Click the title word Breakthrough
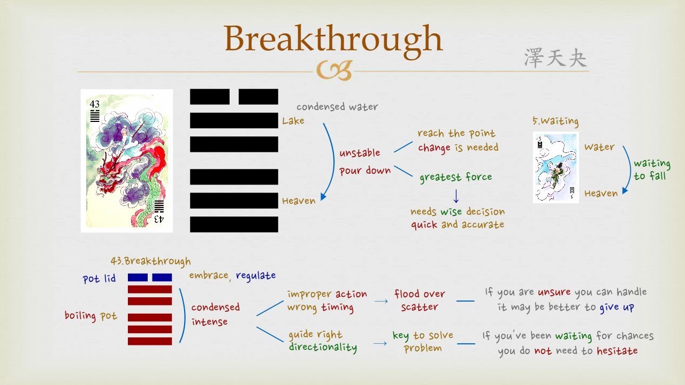tap(333, 39)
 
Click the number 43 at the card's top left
tap(95, 104)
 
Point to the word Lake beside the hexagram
tap(293, 121)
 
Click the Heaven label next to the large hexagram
tap(299, 201)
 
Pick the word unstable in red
tap(360, 153)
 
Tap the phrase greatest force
tap(455, 177)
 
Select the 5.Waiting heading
tap(555, 122)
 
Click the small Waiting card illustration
tap(555, 167)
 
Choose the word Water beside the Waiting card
tap(599, 147)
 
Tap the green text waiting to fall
tap(651, 170)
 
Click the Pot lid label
tap(99, 279)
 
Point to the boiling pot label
tap(90, 315)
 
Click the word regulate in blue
tap(256, 275)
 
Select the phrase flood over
tap(420, 294)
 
